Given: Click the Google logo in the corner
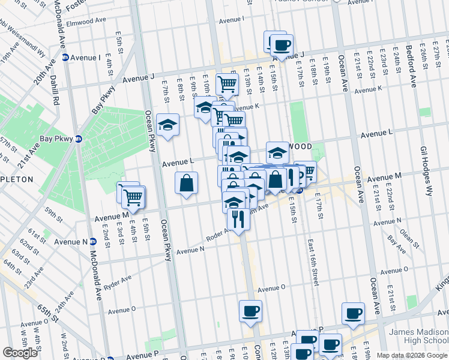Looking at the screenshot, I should click(x=20, y=353).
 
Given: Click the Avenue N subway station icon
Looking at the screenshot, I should click(x=93, y=242).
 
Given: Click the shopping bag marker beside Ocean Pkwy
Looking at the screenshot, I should click(x=186, y=182).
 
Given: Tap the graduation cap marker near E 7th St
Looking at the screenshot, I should click(x=167, y=125).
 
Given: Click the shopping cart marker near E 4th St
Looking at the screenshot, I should click(x=133, y=196).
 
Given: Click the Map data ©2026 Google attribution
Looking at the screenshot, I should click(x=412, y=355).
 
